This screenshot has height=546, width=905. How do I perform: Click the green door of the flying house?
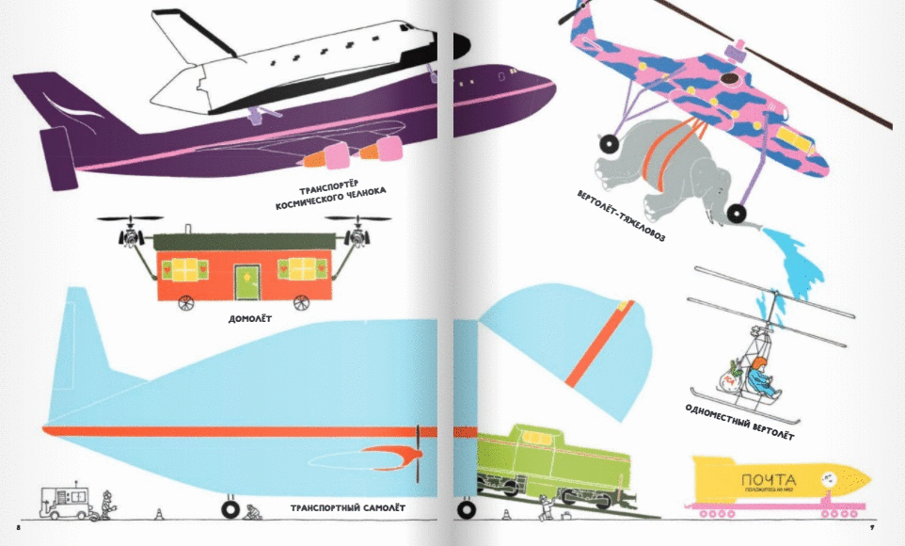246,279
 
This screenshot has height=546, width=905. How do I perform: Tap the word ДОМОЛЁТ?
249,319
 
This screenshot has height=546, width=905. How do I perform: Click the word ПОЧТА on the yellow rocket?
769,477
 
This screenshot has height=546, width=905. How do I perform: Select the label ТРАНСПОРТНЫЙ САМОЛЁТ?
347,509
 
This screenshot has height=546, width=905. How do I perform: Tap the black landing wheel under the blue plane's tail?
230,509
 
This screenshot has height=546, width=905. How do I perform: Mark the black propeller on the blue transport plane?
417,452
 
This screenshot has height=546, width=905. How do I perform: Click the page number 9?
872,528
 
